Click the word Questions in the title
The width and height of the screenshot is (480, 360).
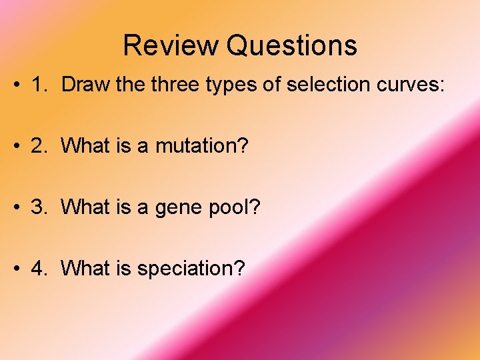tap(291, 46)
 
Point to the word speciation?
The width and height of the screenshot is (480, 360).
tap(191, 269)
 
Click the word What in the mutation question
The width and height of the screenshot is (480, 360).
tap(83, 145)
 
